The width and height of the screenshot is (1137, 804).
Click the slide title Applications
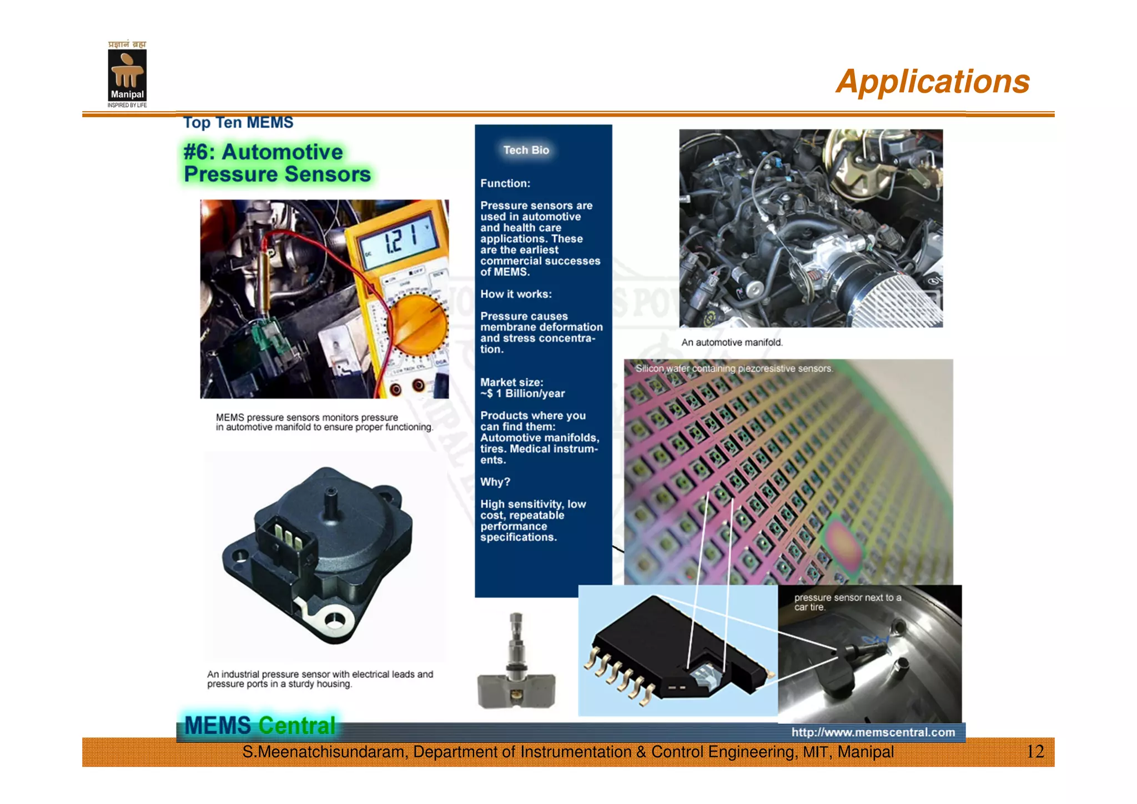click(932, 82)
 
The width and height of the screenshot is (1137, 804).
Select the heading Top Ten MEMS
click(238, 122)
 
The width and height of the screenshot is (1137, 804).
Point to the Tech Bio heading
click(526, 150)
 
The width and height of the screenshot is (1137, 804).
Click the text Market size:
click(511, 382)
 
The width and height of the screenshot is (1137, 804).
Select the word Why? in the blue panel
click(495, 482)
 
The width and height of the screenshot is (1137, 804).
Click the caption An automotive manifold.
click(732, 342)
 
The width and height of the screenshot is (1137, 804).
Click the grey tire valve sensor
click(516, 667)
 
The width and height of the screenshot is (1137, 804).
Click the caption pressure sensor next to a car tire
click(847, 602)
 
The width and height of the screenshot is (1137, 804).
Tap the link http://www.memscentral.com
click(873, 732)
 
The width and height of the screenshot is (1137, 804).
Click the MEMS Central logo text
click(259, 726)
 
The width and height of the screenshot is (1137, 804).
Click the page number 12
click(1035, 752)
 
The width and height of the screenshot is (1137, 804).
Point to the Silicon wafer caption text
click(733, 368)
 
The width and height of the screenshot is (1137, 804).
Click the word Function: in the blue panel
click(505, 183)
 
